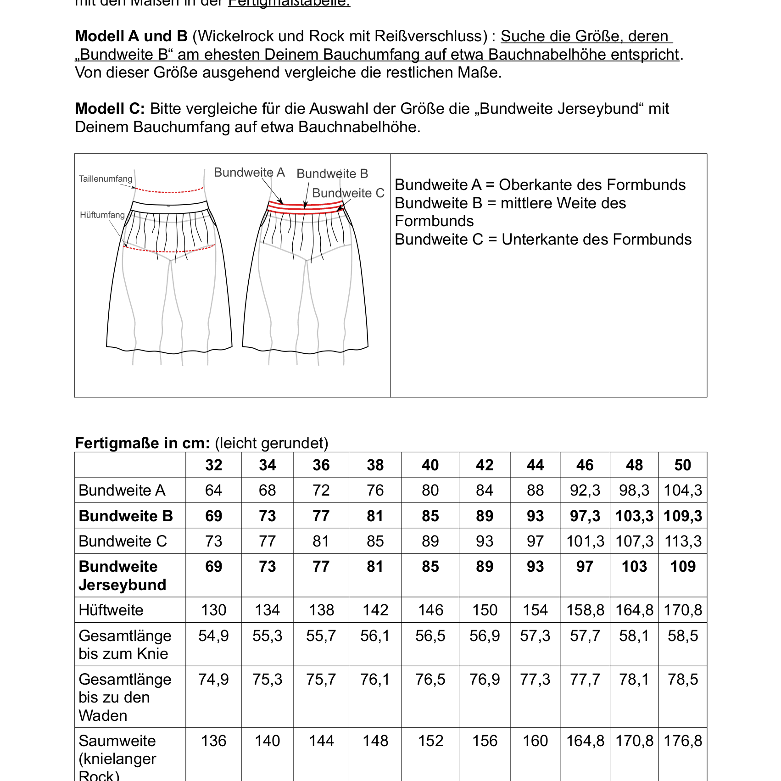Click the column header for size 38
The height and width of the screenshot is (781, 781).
[x=375, y=465]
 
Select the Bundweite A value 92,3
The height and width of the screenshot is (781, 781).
[x=585, y=490]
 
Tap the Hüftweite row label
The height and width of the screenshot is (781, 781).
[x=111, y=610]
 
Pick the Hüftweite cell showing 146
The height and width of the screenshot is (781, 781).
[x=430, y=610]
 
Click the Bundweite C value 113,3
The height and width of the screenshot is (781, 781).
[x=683, y=541]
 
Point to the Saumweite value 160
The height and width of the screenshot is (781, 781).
[x=535, y=741]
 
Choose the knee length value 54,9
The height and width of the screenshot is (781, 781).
[x=213, y=636]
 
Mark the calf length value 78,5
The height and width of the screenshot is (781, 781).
[x=683, y=679]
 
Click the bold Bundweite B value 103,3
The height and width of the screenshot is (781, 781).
[x=634, y=516]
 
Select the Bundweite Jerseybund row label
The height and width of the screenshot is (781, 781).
[x=122, y=575]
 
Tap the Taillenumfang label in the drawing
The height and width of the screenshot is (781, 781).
[x=106, y=179]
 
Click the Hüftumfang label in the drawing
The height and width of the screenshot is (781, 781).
[x=102, y=215]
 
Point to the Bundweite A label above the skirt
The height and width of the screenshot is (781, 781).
[x=249, y=173]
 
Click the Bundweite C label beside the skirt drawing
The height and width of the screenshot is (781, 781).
[x=348, y=193]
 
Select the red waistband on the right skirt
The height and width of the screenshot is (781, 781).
[x=305, y=208]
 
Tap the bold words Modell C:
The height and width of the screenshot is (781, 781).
[x=110, y=109]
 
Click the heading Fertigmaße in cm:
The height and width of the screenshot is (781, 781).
[x=142, y=443]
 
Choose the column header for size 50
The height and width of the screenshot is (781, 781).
[x=682, y=465]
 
